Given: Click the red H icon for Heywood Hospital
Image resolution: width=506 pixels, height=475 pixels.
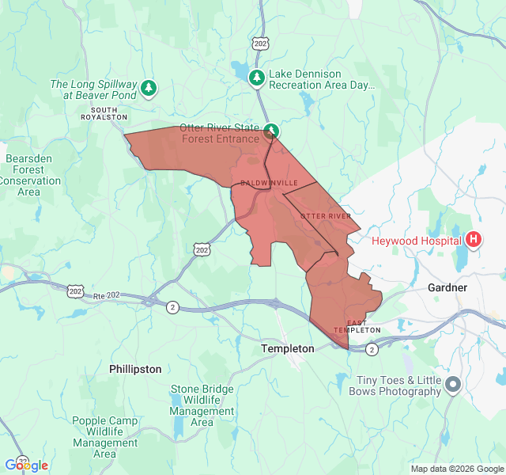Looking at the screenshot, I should [x=474, y=239].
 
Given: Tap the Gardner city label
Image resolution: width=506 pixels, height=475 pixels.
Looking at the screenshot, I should [x=447, y=287].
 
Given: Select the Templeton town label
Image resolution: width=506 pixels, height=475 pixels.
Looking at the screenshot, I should [x=288, y=348].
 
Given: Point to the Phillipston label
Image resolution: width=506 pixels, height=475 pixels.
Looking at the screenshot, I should [x=135, y=369].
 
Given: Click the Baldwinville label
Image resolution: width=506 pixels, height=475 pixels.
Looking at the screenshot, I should [x=270, y=183].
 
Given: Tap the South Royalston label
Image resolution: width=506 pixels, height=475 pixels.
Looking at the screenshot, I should [x=104, y=113].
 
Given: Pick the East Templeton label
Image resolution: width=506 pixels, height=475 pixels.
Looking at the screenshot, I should [x=357, y=326].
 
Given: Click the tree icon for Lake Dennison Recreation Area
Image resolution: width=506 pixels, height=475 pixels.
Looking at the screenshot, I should [x=256, y=78].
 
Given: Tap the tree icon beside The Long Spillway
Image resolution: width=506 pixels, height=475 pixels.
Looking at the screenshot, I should [x=149, y=89].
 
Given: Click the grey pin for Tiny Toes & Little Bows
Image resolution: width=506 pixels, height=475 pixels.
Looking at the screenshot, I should [x=453, y=385].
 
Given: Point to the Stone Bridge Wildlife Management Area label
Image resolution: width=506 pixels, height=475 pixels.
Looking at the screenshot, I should [x=202, y=405].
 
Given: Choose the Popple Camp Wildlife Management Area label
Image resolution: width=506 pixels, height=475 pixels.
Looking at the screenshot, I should [x=105, y=437].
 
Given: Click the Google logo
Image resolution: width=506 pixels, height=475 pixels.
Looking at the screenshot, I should [x=27, y=465].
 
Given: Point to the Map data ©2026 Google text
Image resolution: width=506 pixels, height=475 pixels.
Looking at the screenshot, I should [x=456, y=469].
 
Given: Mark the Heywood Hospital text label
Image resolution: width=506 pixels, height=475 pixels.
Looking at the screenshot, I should [x=417, y=240].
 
